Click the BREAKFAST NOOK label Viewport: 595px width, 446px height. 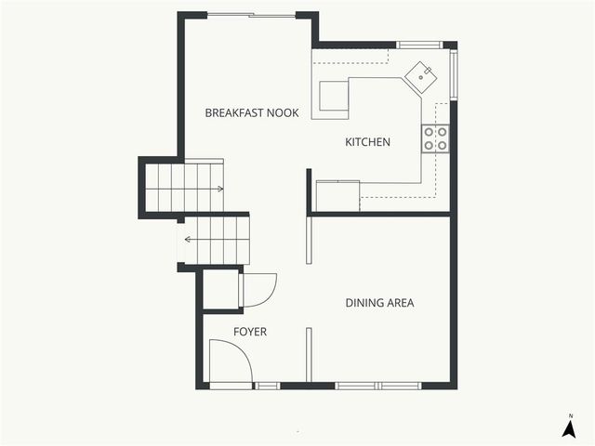[x=251, y=112]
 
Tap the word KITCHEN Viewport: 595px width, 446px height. [x=367, y=142]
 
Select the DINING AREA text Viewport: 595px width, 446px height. [x=379, y=303]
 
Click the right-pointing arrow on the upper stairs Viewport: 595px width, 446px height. [x=218, y=189]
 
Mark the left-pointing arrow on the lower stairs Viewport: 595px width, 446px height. [x=189, y=239]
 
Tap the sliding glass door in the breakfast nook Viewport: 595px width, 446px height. [x=251, y=15]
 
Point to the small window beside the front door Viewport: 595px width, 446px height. [x=267, y=385]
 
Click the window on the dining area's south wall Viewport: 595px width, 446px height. [x=377, y=385]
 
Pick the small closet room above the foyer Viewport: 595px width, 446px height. [x=221, y=290]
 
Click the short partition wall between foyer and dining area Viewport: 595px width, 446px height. [x=308, y=354]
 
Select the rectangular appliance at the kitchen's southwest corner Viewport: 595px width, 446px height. [x=337, y=195]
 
